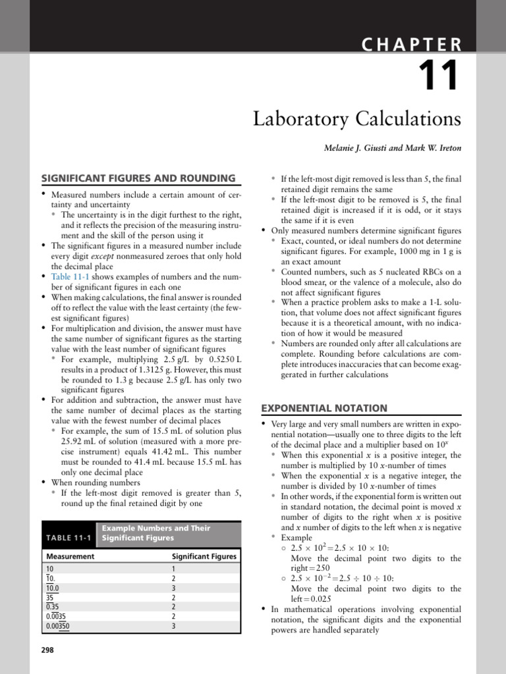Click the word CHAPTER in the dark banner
coord(411,45)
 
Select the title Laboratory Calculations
coord(357,120)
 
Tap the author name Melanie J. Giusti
coord(354,148)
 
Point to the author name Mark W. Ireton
coord(436,148)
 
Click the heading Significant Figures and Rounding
coord(138,178)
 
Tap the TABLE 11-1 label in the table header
coord(69,538)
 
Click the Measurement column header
coord(70,556)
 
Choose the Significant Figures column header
coord(204,556)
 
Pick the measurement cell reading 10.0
coord(53,588)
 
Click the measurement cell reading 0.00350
coord(57,626)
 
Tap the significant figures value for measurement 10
coord(173,569)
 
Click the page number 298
coord(47,650)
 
